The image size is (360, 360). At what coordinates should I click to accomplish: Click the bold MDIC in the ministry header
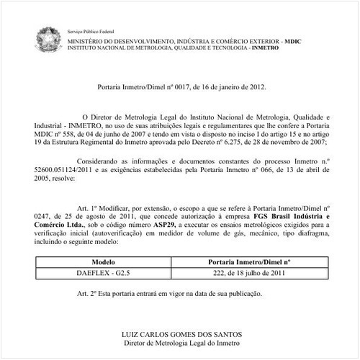point(294,42)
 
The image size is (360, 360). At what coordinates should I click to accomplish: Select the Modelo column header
point(102,263)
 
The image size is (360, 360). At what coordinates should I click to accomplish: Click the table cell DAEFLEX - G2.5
point(102,274)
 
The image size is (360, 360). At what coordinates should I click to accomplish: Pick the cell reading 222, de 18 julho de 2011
point(249,274)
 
